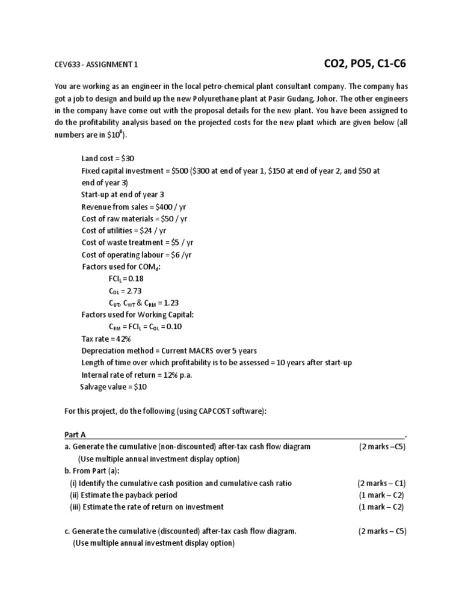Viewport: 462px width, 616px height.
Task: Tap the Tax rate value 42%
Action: pyautogui.click(x=123, y=339)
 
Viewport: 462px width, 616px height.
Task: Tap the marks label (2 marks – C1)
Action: pyautogui.click(x=381, y=483)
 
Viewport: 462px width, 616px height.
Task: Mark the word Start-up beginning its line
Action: pyautogui.click(x=96, y=194)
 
